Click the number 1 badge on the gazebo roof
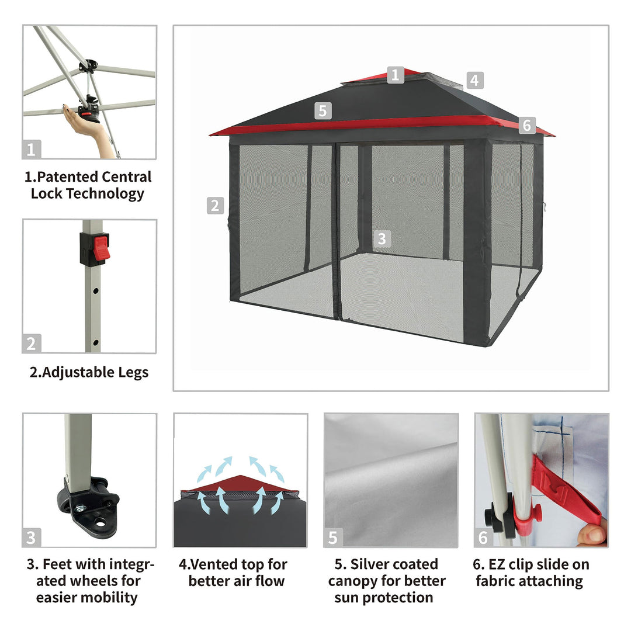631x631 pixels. (x=395, y=75)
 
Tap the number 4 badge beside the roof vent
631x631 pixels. (x=475, y=81)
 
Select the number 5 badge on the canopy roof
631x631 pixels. (x=323, y=111)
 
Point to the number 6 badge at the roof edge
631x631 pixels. (x=527, y=125)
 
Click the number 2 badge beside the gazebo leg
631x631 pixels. (x=215, y=206)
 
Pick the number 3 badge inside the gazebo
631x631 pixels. (x=382, y=238)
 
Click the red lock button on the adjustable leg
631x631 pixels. (x=101, y=248)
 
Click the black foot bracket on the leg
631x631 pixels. (x=88, y=502)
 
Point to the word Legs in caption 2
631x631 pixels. (x=133, y=373)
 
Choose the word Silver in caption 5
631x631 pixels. (x=369, y=564)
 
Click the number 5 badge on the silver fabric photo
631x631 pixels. (x=333, y=538)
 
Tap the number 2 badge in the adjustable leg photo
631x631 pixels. (x=32, y=344)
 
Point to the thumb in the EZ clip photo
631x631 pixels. (x=591, y=535)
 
